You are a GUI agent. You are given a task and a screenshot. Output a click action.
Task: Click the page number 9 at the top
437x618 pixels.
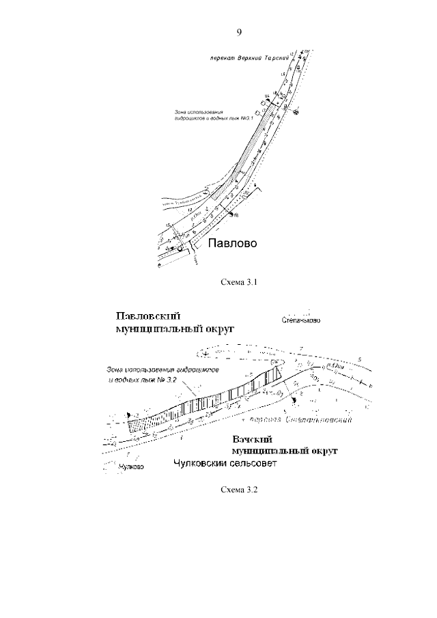[x=239, y=32]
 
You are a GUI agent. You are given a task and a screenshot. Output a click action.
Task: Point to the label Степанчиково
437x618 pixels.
[x=300, y=320]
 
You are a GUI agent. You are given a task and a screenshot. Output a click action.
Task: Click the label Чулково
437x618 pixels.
[x=130, y=468]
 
